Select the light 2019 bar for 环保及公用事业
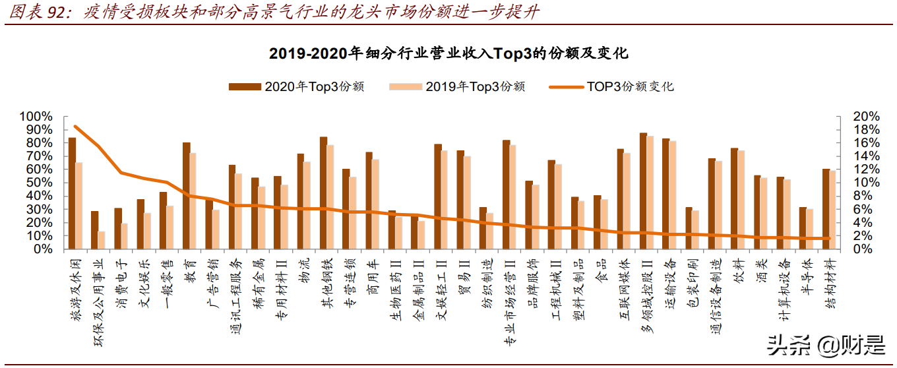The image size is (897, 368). click(x=102, y=240)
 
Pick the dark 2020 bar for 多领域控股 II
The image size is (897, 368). click(x=643, y=191)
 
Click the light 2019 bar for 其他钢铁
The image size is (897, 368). click(x=330, y=197)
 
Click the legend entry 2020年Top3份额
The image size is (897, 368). click(x=297, y=86)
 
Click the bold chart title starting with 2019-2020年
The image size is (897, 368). click(x=448, y=53)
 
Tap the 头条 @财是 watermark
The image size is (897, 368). click(x=824, y=344)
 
